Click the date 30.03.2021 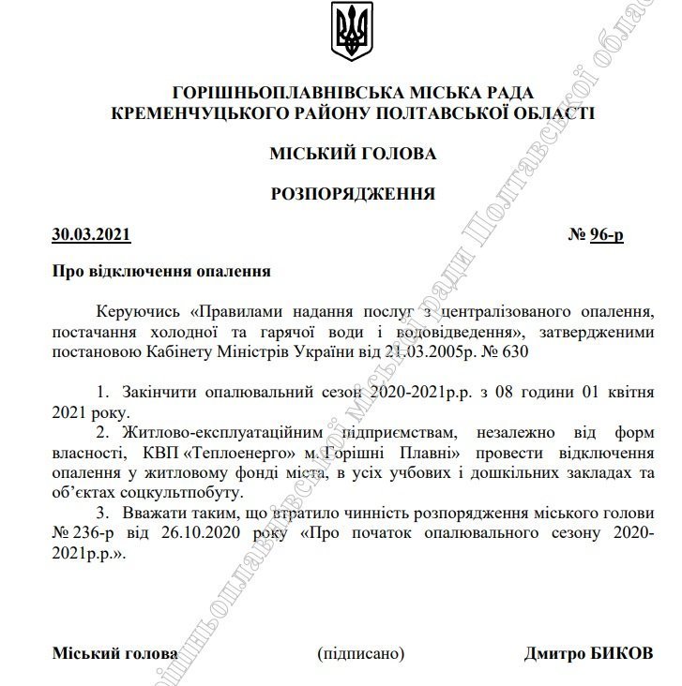point(91,234)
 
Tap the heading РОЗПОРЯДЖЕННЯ point(352,194)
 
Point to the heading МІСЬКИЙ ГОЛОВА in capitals point(352,153)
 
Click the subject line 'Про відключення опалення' point(160,272)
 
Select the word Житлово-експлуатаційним point(224,432)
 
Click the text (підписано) point(360,653)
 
